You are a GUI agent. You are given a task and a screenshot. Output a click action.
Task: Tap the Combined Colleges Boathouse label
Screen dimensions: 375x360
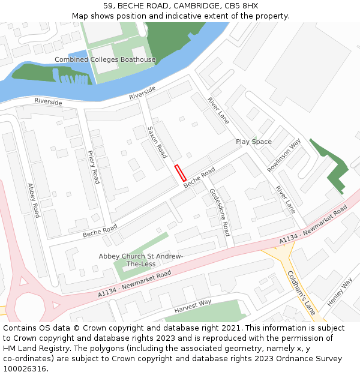[105, 59]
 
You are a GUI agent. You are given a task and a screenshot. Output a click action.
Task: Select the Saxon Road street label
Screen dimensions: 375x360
[157, 142]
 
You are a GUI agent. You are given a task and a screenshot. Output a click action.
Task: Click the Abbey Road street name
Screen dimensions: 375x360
[32, 200]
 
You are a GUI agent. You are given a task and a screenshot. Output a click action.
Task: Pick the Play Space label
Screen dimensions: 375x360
[253, 142]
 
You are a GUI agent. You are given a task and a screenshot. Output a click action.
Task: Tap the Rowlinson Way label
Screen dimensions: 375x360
[284, 155]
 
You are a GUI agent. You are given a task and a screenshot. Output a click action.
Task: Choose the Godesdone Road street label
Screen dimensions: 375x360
[219, 212]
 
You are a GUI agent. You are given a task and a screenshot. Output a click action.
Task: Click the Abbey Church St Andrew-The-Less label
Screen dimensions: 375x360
[141, 260]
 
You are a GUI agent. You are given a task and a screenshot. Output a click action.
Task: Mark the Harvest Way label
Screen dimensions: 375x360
[193, 306]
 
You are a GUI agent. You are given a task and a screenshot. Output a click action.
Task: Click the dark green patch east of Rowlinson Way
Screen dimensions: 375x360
[334, 169]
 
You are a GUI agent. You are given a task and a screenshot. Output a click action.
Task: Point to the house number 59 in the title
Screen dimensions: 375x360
[107, 6]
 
